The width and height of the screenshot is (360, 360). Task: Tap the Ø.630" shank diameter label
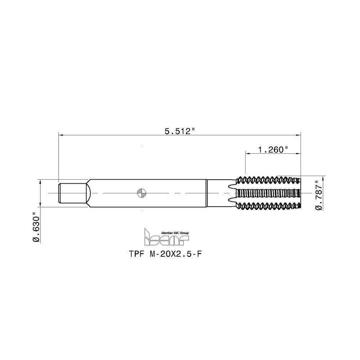[x=35, y=228]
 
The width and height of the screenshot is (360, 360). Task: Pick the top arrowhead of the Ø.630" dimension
[x=40, y=181]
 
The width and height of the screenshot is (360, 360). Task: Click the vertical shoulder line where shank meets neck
[x=206, y=193]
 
